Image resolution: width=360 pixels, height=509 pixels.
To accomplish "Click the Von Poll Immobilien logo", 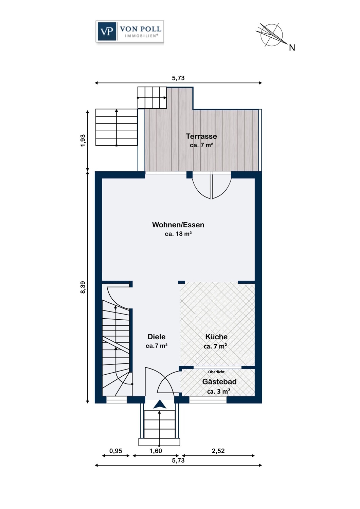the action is [x=130, y=31].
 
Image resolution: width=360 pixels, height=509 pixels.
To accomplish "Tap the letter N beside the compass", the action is [x=292, y=48].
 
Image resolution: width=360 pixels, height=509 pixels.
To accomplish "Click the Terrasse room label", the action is [x=201, y=136].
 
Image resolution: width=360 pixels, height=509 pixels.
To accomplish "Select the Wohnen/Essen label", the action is [x=178, y=225].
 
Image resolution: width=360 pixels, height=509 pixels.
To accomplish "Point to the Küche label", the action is [x=216, y=337].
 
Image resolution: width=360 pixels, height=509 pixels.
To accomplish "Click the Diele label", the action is [x=157, y=337].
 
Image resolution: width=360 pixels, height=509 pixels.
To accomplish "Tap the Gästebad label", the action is [x=219, y=381].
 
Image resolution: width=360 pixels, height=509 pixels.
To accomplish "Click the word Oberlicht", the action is [x=216, y=372].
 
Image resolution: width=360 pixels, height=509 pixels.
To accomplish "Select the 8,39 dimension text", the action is [x=83, y=287].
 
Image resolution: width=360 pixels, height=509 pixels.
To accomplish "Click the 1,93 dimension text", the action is [x=83, y=140].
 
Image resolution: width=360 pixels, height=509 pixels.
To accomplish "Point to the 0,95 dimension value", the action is [x=116, y=451].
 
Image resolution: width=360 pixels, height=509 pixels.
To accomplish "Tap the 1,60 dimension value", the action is [x=156, y=451].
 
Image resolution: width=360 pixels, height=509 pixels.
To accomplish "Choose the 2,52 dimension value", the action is [x=218, y=451].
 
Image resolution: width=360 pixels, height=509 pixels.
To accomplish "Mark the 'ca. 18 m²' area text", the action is [x=178, y=234].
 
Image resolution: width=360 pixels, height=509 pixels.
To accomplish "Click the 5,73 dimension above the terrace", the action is [x=178, y=78].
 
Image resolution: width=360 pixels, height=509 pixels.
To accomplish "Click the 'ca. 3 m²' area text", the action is [x=219, y=391].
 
